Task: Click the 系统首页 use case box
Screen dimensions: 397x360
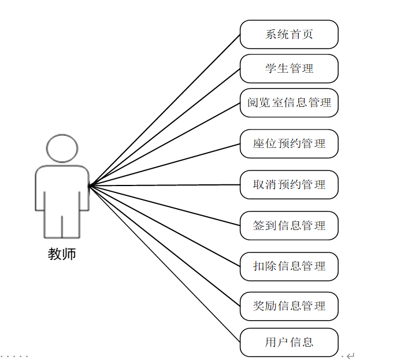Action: pyautogui.click(x=289, y=35)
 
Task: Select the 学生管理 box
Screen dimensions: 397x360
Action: pyautogui.click(x=289, y=69)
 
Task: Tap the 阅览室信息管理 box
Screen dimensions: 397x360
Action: pyautogui.click(x=289, y=103)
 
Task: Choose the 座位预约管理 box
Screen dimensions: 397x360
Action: pyautogui.click(x=289, y=144)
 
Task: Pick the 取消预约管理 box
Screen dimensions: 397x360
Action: pyautogui.click(x=289, y=185)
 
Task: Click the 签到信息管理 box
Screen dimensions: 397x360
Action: pyautogui.click(x=289, y=225)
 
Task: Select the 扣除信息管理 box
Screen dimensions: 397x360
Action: pyautogui.click(x=289, y=266)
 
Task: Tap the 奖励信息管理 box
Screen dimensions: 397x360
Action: pyautogui.click(x=289, y=306)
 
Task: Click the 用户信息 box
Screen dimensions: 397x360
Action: pyautogui.click(x=289, y=342)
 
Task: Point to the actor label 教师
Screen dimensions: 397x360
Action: pyautogui.click(x=62, y=255)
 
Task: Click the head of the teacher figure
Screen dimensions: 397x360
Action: pyautogui.click(x=62, y=149)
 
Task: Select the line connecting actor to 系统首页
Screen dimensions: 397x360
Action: pyautogui.click(x=165, y=110)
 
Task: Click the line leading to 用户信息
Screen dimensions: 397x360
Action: pyautogui.click(x=165, y=264)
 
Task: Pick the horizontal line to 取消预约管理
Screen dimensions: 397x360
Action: pyautogui.click(x=165, y=185)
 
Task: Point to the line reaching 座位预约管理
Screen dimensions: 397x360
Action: pyautogui.click(x=165, y=165)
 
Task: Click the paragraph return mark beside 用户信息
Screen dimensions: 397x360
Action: pyautogui.click(x=350, y=355)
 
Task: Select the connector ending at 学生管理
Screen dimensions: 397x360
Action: pyautogui.click(x=165, y=127)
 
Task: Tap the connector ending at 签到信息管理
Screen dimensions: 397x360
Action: pyautogui.click(x=165, y=206)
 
